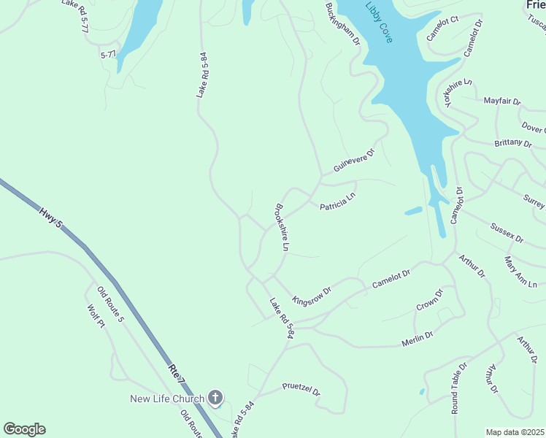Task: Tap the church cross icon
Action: tap(215, 398)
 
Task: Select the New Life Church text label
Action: tap(167, 399)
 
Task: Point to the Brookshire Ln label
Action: tap(282, 228)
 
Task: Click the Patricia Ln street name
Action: tap(337, 202)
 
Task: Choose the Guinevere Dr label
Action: tap(353, 161)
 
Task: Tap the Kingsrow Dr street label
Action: tap(312, 296)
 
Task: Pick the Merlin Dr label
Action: tap(418, 339)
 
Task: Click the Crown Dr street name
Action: tap(429, 301)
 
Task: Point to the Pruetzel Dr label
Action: tap(301, 388)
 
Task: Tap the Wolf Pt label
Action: tap(96, 317)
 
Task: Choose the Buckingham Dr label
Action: tap(342, 23)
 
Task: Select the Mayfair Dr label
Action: tap(501, 101)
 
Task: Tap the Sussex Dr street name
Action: tap(507, 234)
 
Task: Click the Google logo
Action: tap(24, 429)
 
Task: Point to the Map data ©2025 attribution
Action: tap(515, 432)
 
